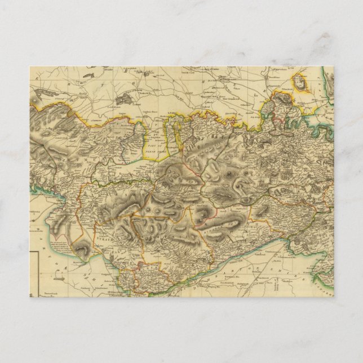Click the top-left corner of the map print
coord(30,67)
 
